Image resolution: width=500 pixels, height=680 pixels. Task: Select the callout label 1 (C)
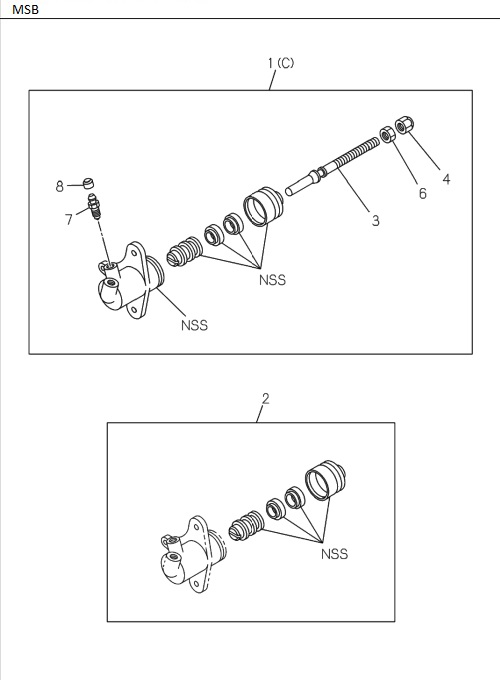[280, 63]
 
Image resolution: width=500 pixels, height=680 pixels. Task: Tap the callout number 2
[265, 399]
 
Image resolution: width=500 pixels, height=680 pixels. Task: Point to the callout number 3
[375, 221]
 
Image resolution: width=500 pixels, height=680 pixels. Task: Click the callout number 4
[446, 179]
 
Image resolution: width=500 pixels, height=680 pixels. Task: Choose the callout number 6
[422, 194]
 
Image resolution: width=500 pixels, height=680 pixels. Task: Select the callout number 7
[69, 219]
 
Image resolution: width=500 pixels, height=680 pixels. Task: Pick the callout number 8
[60, 186]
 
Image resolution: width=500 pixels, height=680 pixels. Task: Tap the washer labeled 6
[387, 134]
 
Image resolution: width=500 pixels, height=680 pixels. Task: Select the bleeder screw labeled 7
[95, 207]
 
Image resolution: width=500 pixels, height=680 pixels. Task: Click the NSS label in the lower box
[334, 554]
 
